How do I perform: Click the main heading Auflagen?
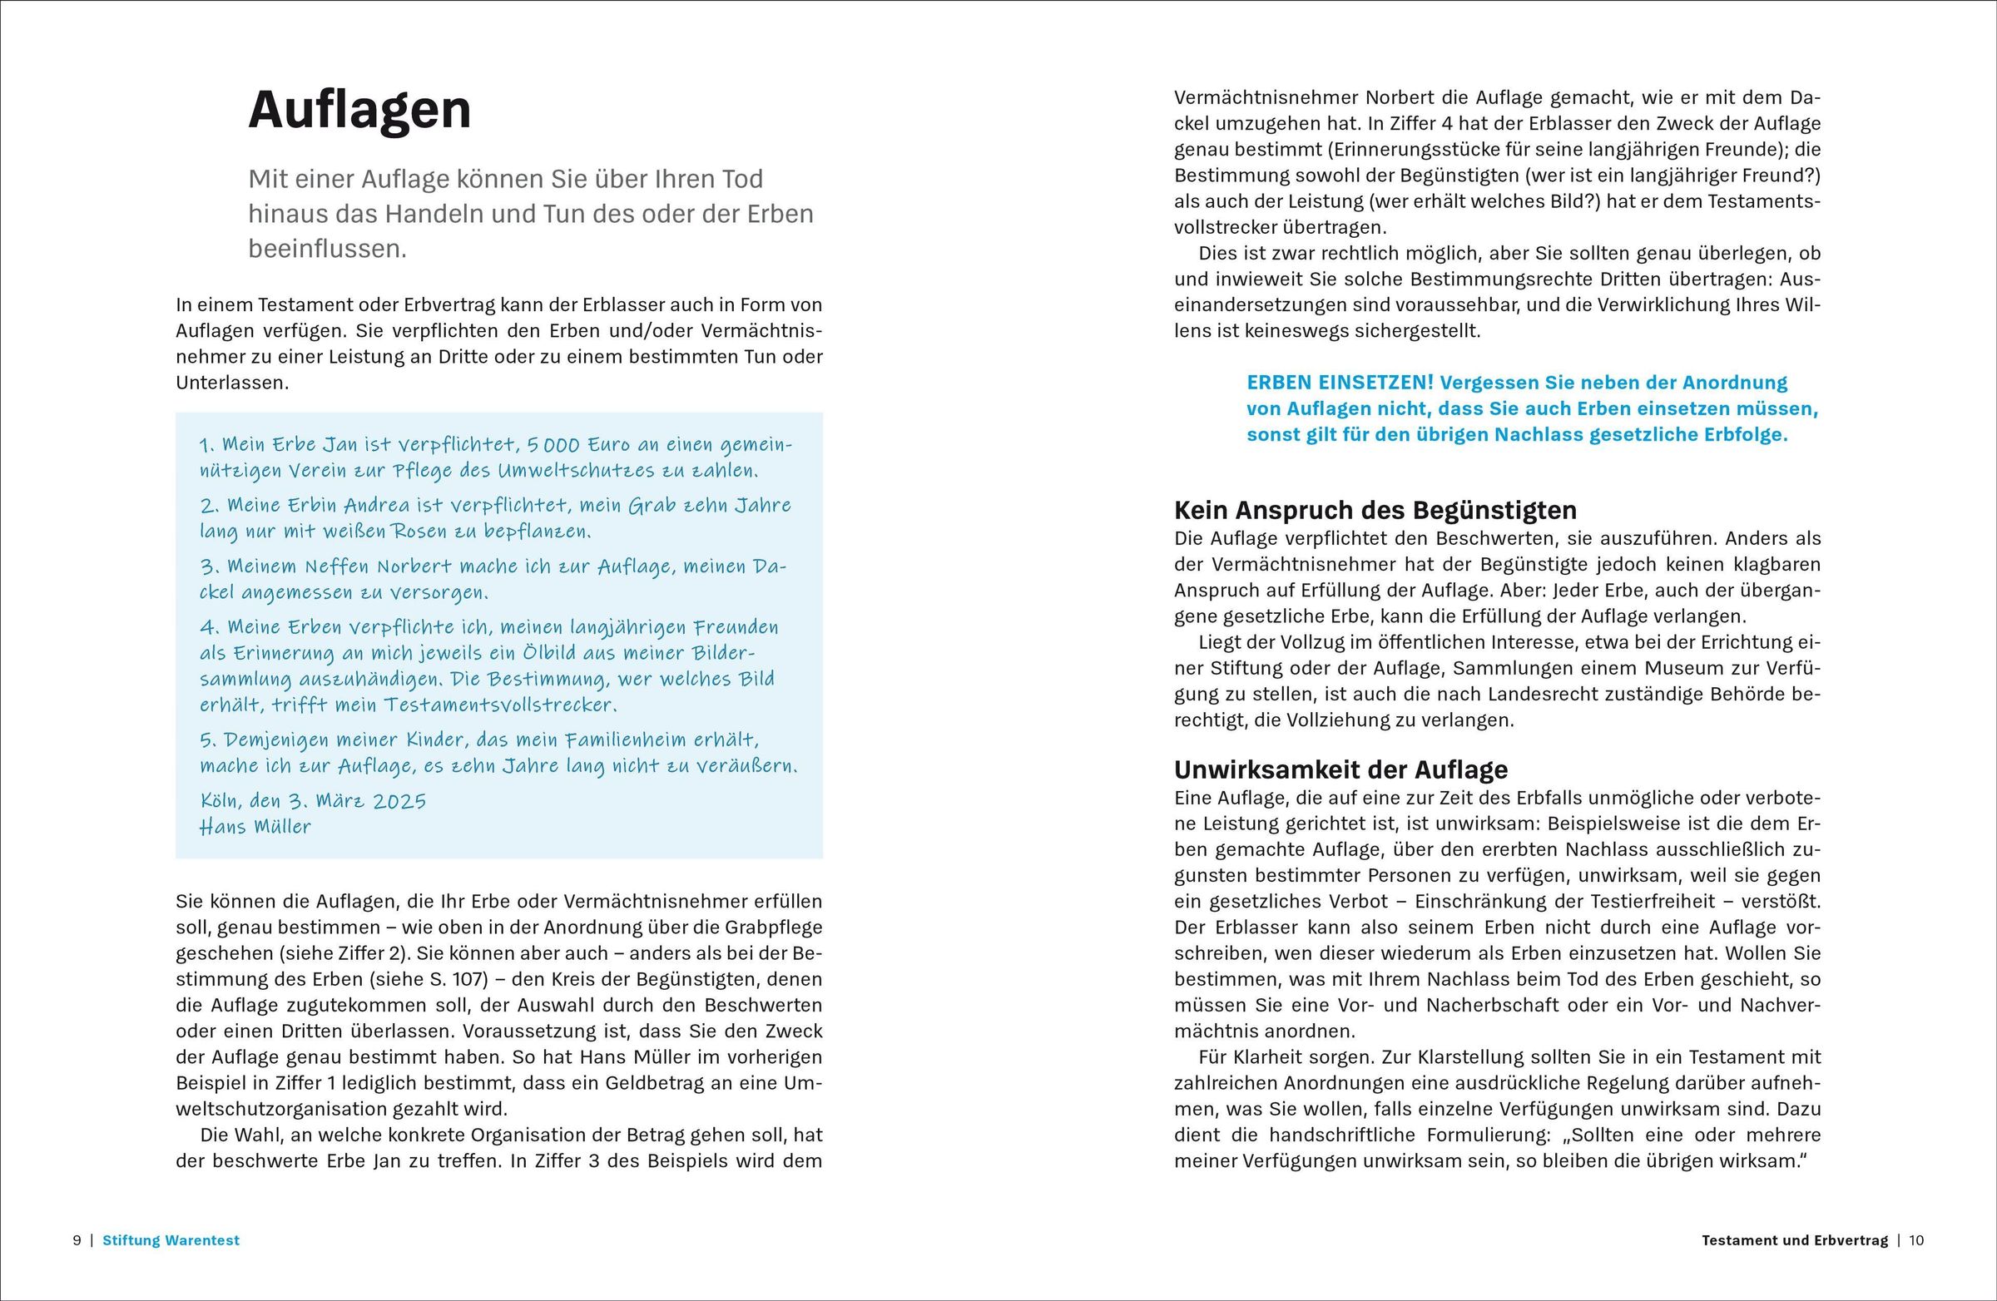[360, 110]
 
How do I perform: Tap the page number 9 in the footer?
[77, 1239]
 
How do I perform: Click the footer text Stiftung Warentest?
[171, 1239]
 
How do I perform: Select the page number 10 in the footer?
[1916, 1239]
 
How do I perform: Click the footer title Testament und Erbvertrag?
[1795, 1239]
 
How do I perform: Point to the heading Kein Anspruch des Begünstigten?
[1375, 510]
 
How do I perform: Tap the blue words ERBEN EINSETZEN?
[1340, 383]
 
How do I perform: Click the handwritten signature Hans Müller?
[255, 826]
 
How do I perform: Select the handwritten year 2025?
[399, 800]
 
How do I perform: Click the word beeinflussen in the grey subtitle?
[326, 249]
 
